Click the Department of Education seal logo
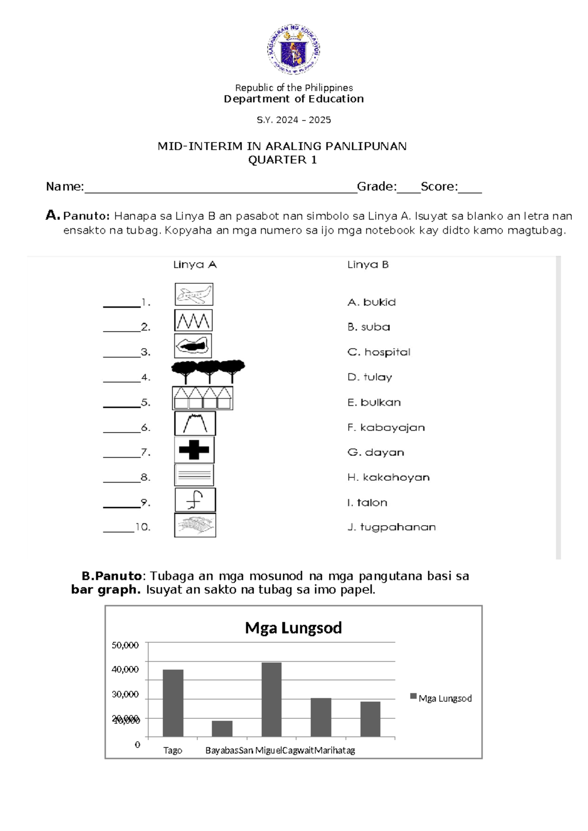coord(294,49)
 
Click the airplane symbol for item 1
coord(194,294)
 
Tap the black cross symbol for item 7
coord(194,450)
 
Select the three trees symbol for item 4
coord(208,372)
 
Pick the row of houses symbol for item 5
coord(202,398)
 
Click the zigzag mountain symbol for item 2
coord(194,321)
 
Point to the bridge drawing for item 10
coord(195,525)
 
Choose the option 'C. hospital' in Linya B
coord(379,352)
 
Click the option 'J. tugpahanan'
coord(392,527)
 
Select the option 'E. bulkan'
coord(374,402)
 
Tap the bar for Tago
coord(173,703)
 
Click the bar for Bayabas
coord(222,729)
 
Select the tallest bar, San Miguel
coord(271,700)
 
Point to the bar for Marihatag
coord(370,719)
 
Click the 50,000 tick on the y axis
coord(125,645)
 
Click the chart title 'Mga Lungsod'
coord(293,628)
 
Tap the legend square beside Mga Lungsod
coord(413,696)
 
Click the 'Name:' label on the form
coord(65,187)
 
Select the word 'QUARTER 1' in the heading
coord(282,160)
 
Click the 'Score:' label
coord(439,187)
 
